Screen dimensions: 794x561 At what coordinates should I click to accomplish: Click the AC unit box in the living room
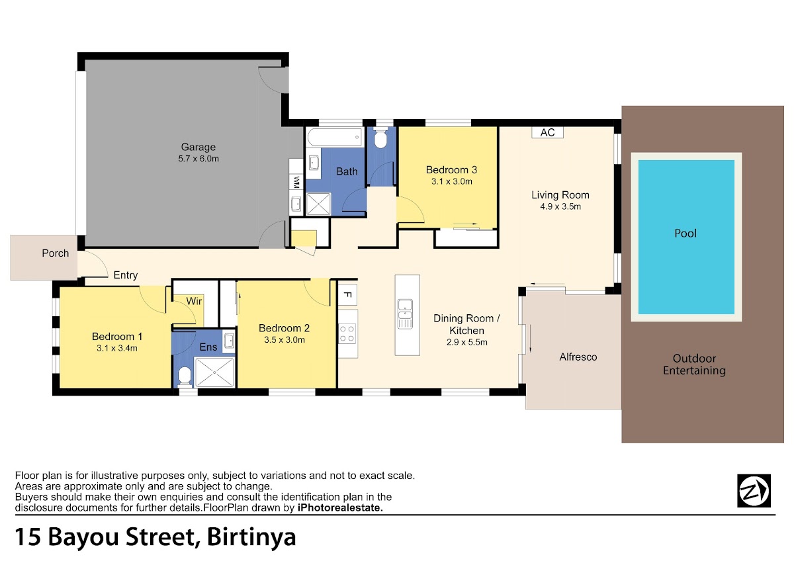(547, 132)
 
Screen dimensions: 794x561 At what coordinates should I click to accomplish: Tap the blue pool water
(686, 237)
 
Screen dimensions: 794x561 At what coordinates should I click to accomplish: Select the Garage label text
(198, 147)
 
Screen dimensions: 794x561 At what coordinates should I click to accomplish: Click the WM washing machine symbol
(296, 182)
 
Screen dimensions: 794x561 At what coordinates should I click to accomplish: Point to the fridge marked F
(347, 294)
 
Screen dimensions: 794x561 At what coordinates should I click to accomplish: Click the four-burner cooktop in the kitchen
(347, 333)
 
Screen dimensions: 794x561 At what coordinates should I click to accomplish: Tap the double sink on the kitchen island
(405, 314)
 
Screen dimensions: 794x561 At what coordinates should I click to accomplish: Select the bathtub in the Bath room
(335, 137)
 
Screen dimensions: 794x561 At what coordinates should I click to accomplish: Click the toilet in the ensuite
(185, 376)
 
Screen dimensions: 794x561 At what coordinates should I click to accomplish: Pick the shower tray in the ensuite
(215, 372)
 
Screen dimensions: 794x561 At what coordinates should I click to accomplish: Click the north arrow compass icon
(754, 491)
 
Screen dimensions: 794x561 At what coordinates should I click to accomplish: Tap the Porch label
(56, 253)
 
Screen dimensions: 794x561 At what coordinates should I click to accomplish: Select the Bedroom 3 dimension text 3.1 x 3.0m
(451, 181)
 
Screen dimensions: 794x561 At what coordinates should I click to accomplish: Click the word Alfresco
(578, 357)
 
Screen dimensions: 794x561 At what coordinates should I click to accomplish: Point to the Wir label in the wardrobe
(194, 301)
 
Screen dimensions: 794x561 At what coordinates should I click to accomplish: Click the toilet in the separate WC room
(380, 139)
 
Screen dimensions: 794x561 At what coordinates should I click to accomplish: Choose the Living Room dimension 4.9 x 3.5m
(560, 206)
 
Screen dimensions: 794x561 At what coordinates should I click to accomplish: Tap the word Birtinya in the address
(251, 537)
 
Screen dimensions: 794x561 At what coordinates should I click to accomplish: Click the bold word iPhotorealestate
(340, 507)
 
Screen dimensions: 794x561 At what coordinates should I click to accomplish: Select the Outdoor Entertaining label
(694, 365)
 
